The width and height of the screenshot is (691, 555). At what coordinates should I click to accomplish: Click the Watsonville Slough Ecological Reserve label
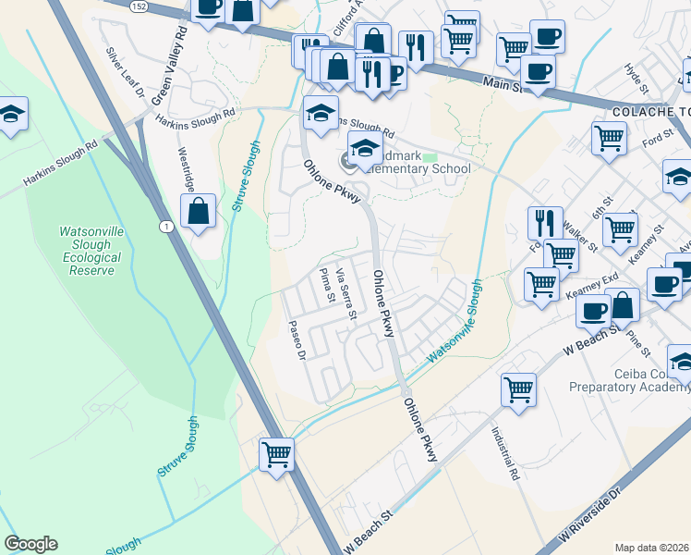[x=90, y=251]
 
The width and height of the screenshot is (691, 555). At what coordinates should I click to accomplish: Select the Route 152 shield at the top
[x=137, y=6]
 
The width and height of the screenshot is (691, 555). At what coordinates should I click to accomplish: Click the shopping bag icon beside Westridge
[x=199, y=212]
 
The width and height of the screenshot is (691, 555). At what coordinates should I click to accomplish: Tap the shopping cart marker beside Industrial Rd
[x=519, y=388]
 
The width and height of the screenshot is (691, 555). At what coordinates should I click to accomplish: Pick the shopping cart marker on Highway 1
[x=276, y=456]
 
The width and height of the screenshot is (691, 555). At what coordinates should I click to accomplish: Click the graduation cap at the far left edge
[x=11, y=115]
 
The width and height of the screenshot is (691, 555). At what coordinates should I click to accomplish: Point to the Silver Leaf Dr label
[x=125, y=73]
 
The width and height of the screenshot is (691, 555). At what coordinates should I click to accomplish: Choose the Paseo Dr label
[x=296, y=339]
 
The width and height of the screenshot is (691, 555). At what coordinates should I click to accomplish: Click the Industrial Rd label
[x=504, y=454]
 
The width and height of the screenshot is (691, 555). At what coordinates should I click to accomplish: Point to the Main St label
[x=503, y=86]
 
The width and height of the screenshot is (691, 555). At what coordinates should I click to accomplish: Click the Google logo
[x=30, y=544]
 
